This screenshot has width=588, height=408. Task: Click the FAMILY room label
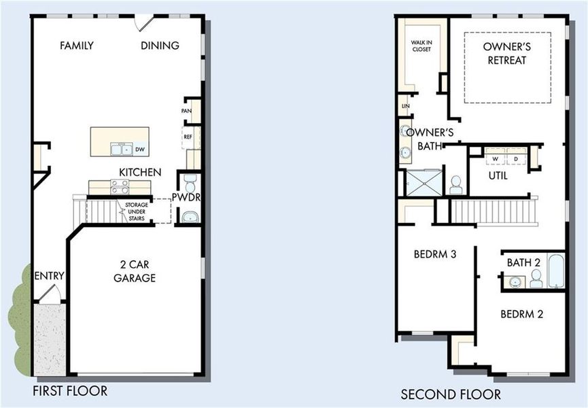tap(76, 46)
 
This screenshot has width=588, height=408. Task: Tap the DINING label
tap(160, 46)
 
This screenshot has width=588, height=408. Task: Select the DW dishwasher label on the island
tap(139, 149)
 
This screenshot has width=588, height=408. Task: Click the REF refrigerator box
tap(188, 137)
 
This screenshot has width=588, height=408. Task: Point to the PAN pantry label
tap(186, 111)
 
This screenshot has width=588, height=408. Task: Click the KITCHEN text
tap(140, 172)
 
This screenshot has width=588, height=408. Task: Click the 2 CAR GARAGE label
tap(135, 271)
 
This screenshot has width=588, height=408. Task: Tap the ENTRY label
tap(49, 275)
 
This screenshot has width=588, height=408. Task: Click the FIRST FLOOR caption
tap(70, 391)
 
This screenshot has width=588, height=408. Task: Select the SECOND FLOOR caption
tap(450, 394)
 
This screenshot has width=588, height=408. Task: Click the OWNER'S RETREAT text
tap(506, 53)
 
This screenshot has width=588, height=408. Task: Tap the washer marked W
tap(496, 159)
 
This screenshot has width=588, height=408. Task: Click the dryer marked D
tap(516, 159)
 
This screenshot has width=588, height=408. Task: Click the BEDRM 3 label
tap(434, 254)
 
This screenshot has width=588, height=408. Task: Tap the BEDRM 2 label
tap(521, 314)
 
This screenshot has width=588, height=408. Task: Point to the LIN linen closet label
tap(405, 106)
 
